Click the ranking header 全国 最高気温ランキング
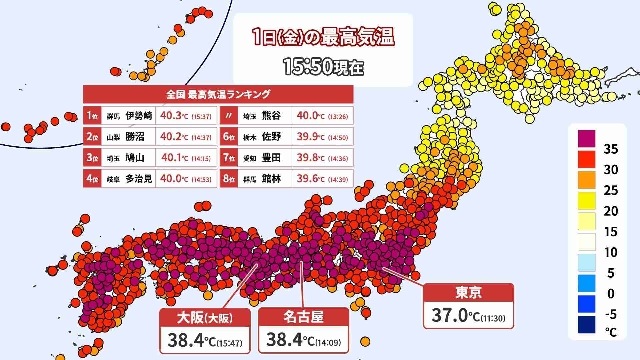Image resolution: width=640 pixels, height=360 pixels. tap(218, 94)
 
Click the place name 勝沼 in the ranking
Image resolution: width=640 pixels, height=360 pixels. tap(135, 137)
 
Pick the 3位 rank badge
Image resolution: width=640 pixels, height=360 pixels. tap(92, 158)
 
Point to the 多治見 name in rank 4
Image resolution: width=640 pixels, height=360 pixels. tap(139, 179)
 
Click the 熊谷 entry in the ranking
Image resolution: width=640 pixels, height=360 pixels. tap(271, 116)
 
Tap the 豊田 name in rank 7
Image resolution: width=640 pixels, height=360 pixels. tap(271, 158)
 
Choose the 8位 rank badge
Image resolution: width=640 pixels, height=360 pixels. tap(229, 179)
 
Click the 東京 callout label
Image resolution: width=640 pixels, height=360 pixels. tap(468, 293)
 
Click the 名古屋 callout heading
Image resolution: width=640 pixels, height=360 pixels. tap(303, 317)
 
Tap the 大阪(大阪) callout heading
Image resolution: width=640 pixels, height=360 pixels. tap(205, 318)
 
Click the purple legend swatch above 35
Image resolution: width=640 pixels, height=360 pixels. tap(586, 138)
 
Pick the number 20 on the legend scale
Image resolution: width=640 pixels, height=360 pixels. tap(611, 211)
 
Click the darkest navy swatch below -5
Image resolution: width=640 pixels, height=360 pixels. tap(586, 324)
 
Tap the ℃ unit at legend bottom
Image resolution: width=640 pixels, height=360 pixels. tap(611, 332)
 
